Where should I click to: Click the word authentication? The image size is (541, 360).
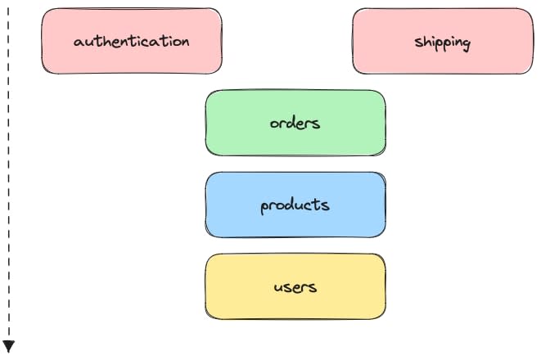[x=132, y=41]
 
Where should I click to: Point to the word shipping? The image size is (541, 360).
[x=443, y=42]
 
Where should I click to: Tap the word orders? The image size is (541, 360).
[x=295, y=124]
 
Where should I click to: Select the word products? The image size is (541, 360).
[x=295, y=205]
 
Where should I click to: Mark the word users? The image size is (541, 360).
[x=295, y=287]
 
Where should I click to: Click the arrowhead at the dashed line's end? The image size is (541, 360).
[x=9, y=346]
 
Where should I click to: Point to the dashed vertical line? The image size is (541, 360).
[x=9, y=164]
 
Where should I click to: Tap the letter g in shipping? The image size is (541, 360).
[x=466, y=44]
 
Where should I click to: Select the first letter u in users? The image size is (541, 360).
[x=279, y=288]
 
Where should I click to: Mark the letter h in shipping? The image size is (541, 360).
[x=426, y=41]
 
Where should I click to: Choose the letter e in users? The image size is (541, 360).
[x=296, y=288]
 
